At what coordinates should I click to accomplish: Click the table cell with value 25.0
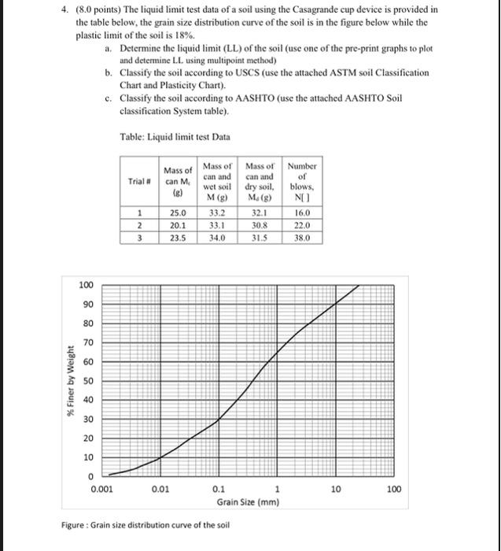pyautogui.click(x=178, y=213)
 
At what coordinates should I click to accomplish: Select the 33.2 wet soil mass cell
pyautogui.click(x=217, y=213)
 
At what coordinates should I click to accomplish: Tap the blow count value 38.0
pyautogui.click(x=301, y=236)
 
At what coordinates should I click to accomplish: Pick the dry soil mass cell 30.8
pyautogui.click(x=260, y=224)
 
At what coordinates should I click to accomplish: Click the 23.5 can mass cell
pyautogui.click(x=178, y=236)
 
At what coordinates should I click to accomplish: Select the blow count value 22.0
pyautogui.click(x=301, y=224)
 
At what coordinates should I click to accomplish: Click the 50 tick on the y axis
pyautogui.click(x=88, y=380)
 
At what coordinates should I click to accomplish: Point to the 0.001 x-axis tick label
pyautogui.click(x=101, y=489)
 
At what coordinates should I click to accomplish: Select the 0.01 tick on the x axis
pyautogui.click(x=161, y=489)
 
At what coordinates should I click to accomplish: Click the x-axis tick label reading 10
pyautogui.click(x=336, y=489)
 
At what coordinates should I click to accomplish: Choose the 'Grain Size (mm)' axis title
pyautogui.click(x=248, y=501)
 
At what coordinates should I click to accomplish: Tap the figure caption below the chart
pyautogui.click(x=145, y=525)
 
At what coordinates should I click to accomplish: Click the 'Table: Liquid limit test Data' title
pyautogui.click(x=175, y=137)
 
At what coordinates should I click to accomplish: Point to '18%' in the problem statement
pyautogui.click(x=204, y=36)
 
